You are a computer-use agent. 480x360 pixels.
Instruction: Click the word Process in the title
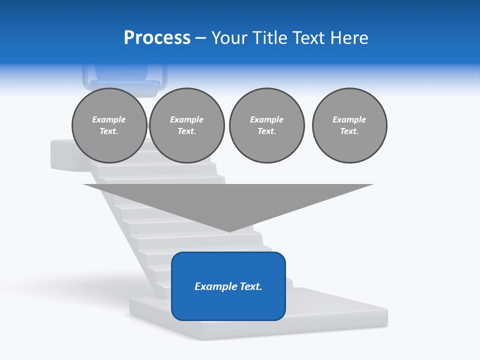pyautogui.click(x=157, y=38)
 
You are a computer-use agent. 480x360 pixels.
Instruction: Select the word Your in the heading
pyautogui.click(x=228, y=38)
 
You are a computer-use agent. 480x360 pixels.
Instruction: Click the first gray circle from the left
pyautogui.click(x=109, y=125)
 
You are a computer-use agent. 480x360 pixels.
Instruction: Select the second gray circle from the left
pyautogui.click(x=186, y=125)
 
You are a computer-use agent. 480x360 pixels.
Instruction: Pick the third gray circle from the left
pyautogui.click(x=266, y=125)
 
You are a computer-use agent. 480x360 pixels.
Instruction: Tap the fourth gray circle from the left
pyautogui.click(x=349, y=125)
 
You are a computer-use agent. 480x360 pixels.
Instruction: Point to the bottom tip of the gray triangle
pyautogui.click(x=229, y=231)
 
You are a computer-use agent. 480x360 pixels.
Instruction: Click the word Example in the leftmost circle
pyautogui.click(x=109, y=119)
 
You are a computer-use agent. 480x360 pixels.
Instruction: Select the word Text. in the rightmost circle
pyautogui.click(x=349, y=131)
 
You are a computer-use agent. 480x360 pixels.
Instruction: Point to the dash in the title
pyautogui.click(x=201, y=38)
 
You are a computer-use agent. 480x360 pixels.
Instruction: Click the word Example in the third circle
pyautogui.click(x=266, y=119)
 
